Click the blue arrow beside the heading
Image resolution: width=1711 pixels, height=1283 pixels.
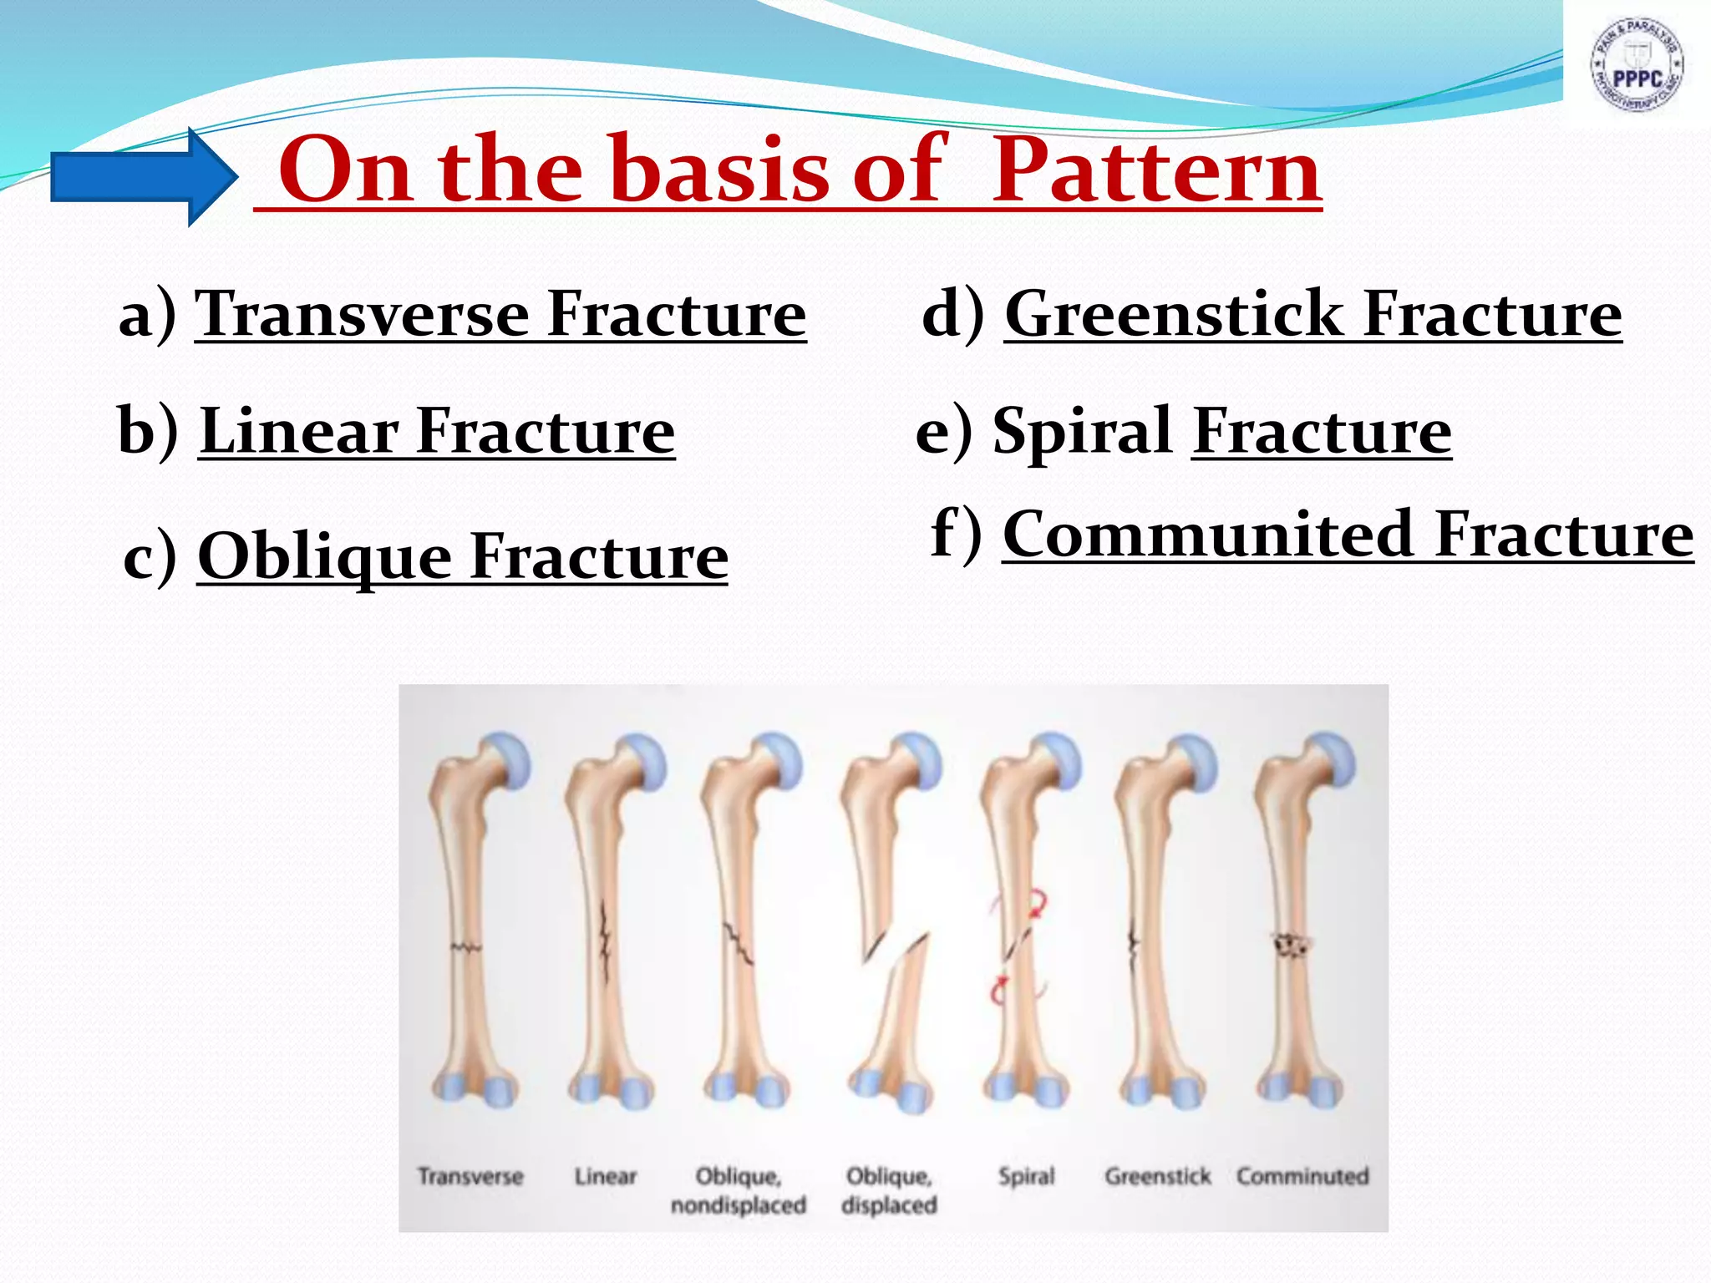[x=142, y=177]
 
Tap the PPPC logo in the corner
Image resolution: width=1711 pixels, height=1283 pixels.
[x=1636, y=65]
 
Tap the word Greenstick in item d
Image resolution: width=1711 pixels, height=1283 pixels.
[x=1173, y=314]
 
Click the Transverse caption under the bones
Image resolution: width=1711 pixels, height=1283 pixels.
[x=470, y=1177]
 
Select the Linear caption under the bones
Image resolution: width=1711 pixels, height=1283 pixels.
[x=605, y=1177]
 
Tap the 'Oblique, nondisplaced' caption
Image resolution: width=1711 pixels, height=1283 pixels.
[x=739, y=1190]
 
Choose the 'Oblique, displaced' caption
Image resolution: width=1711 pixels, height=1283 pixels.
[x=889, y=1190]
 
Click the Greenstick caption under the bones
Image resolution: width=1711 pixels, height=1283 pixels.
[x=1157, y=1177]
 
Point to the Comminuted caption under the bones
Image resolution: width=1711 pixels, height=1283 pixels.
[x=1302, y=1177]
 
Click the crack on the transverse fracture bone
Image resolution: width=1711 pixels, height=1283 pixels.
[x=466, y=947]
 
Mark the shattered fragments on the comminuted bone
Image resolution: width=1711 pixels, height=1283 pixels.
[x=1292, y=946]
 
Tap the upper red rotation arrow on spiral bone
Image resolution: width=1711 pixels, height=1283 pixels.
[x=1038, y=904]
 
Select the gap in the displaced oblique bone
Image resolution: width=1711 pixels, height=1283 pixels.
[x=900, y=952]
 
